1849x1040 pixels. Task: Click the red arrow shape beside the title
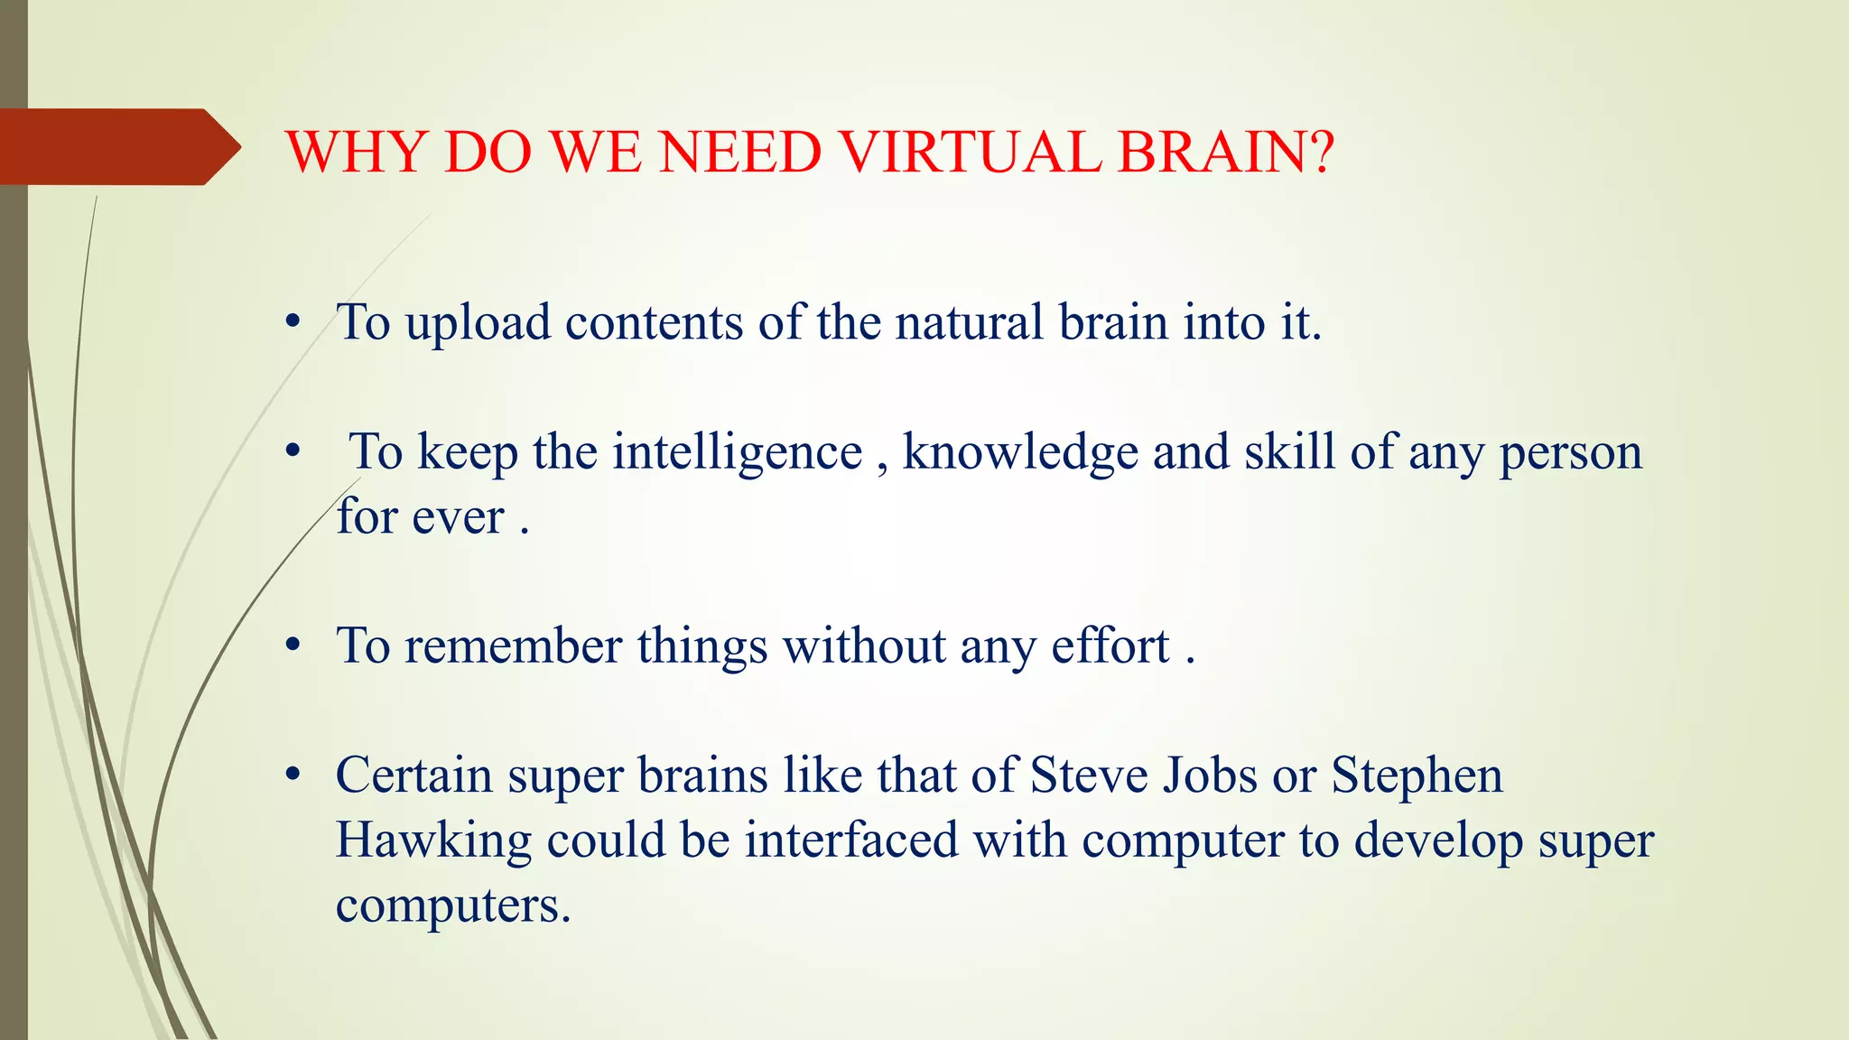pyautogui.click(x=117, y=147)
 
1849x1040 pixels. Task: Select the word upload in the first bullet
pyautogui.click(x=478, y=323)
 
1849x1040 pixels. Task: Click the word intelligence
pyautogui.click(x=738, y=452)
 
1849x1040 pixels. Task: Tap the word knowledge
pyautogui.click(x=1020, y=452)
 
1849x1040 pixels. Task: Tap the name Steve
pyautogui.click(x=1089, y=775)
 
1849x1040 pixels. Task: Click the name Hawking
pyautogui.click(x=433, y=841)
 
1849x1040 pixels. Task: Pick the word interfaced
pyautogui.click(x=850, y=840)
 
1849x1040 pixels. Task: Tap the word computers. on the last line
pyautogui.click(x=453, y=905)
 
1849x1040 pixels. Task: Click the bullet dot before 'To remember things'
pyautogui.click(x=292, y=646)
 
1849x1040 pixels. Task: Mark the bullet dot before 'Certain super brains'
pyautogui.click(x=292, y=775)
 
